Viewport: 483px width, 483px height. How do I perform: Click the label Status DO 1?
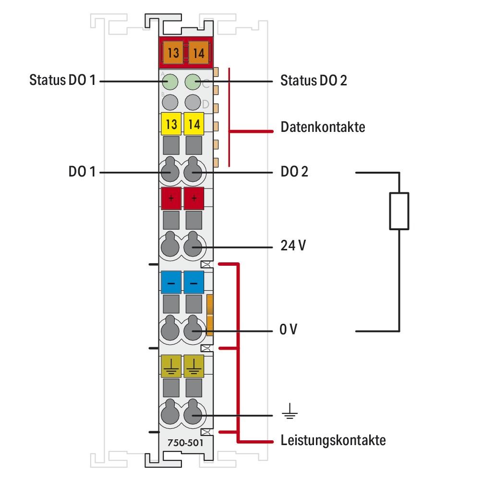coord(63,80)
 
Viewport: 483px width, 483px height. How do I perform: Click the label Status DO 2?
coord(314,80)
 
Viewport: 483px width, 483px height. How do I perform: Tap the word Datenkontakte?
coord(323,127)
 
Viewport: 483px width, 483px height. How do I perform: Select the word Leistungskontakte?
coord(333,440)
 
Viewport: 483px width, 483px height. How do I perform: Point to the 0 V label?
coord(289,330)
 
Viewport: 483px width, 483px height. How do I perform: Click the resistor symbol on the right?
coord(399,211)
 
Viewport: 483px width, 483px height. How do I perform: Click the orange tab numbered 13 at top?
coord(173,53)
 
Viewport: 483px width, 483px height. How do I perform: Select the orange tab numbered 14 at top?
coord(199,53)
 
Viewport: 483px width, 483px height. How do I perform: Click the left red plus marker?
coord(171,198)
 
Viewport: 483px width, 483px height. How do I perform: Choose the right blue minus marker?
coord(194,283)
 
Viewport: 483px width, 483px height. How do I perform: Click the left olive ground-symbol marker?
coord(171,366)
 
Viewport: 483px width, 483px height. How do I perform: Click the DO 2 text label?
coord(294,171)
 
